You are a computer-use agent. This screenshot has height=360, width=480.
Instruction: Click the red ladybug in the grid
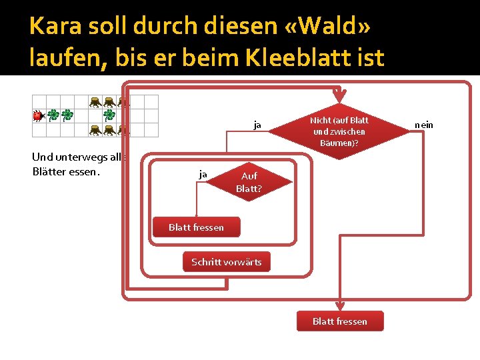click(x=37, y=115)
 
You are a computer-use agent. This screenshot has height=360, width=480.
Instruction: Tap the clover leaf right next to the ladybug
click(x=52, y=115)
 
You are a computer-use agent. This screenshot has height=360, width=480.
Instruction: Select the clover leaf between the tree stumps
click(x=109, y=115)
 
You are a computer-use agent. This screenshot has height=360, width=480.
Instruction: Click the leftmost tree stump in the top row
click(x=95, y=101)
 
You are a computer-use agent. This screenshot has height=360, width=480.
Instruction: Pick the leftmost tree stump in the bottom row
click(x=95, y=129)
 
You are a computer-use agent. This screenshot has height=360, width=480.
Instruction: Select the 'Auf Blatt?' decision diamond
click(x=249, y=182)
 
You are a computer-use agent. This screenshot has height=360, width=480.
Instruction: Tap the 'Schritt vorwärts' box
click(x=227, y=262)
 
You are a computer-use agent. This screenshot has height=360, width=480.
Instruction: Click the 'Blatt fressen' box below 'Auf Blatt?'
click(x=196, y=227)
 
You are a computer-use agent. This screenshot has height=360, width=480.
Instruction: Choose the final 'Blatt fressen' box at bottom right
click(x=339, y=321)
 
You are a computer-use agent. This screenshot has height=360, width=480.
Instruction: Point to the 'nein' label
click(x=423, y=125)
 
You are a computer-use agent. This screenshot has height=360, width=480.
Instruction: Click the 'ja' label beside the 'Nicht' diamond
click(x=257, y=125)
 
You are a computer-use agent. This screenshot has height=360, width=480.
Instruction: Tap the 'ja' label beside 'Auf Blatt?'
click(x=203, y=174)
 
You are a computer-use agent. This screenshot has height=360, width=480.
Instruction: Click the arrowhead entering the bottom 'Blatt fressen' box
click(x=339, y=307)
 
